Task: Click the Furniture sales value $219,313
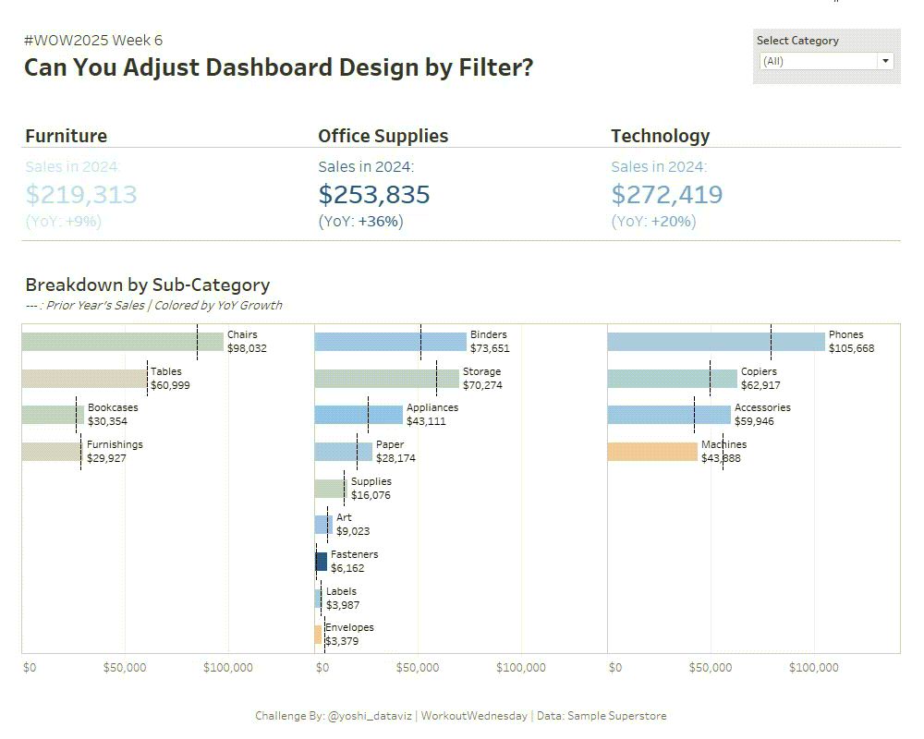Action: (81, 194)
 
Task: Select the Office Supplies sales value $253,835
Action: (374, 194)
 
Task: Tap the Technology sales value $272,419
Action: (667, 194)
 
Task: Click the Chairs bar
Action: (122, 342)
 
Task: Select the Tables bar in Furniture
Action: (84, 378)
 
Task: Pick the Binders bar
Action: (390, 342)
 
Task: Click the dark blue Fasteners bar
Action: (321, 561)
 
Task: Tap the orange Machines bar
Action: (652, 452)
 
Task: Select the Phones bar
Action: (716, 342)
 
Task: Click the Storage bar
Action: (386, 378)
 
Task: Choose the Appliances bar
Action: (359, 415)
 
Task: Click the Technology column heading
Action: (660, 136)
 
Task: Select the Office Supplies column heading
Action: (383, 136)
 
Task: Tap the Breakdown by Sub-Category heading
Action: (147, 285)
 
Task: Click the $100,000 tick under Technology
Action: (814, 668)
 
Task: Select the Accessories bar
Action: (669, 415)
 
